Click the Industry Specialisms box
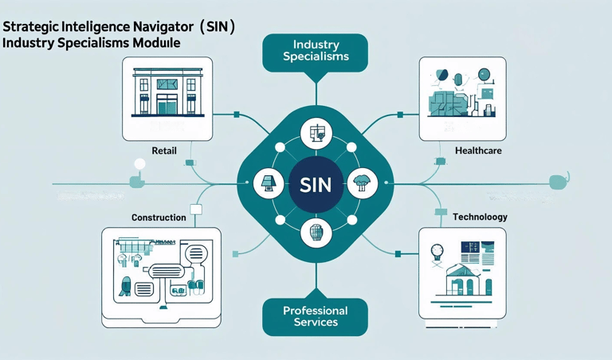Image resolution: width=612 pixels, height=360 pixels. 315,53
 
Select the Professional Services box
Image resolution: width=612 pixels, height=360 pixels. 315,316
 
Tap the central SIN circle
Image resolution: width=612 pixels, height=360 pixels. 315,184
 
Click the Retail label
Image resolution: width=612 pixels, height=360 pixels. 164,151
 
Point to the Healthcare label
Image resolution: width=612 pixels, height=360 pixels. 478,151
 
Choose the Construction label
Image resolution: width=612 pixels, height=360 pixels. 159,217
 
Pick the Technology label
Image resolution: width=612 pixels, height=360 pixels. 480,217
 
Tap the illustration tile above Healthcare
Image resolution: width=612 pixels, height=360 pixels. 462,99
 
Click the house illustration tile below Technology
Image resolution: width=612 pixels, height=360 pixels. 462,273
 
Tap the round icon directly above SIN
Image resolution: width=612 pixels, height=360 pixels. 316,135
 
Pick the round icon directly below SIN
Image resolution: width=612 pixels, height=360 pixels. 316,233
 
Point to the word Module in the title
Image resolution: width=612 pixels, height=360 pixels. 157,43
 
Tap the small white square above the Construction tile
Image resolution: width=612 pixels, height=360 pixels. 196,209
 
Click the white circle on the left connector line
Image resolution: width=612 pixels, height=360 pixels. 139,165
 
